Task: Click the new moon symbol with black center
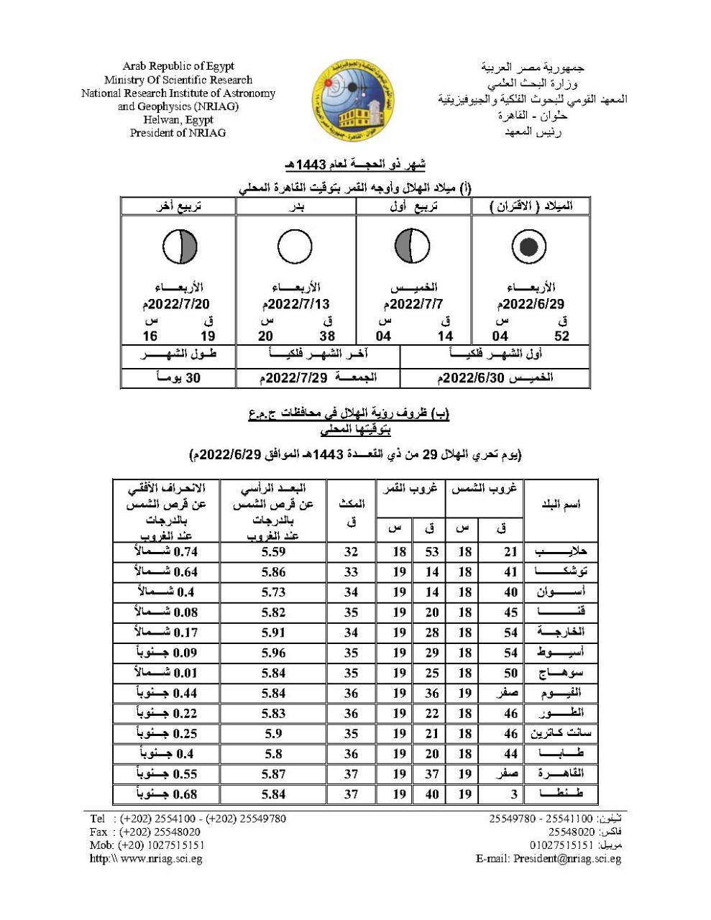point(529,247)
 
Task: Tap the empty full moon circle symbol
point(295,247)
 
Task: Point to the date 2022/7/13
point(296,305)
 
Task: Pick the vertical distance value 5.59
point(273,552)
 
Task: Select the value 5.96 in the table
point(273,653)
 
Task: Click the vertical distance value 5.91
point(273,632)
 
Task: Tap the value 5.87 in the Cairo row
point(273,774)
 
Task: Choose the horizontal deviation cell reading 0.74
point(166,552)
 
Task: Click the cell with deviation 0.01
point(166,673)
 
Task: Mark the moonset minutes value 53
point(431,552)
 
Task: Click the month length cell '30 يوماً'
point(179,377)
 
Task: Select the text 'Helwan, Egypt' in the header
point(178,120)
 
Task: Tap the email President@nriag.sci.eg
point(549,858)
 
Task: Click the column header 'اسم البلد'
point(561,505)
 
